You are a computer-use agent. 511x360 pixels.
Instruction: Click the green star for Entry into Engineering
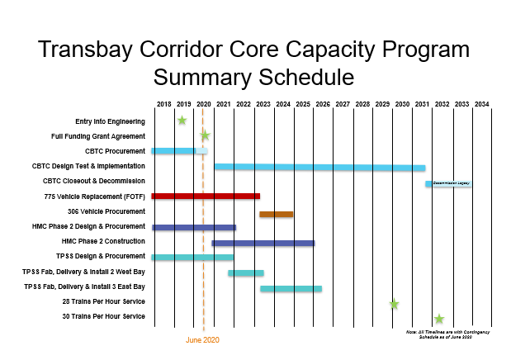(182, 121)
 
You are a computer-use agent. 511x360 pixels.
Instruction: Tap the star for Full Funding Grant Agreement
(204, 135)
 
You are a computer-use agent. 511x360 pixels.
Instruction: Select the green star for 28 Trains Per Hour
(394, 304)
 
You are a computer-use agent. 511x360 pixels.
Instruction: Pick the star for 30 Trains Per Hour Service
(439, 319)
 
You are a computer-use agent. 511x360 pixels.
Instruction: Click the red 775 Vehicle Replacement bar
(206, 197)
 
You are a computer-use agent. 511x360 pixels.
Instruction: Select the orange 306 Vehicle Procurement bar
(276, 214)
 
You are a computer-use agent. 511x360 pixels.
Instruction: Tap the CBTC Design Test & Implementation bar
(319, 168)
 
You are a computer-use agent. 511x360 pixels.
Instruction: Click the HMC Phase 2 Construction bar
(263, 243)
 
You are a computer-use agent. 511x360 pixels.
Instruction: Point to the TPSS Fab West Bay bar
(245, 272)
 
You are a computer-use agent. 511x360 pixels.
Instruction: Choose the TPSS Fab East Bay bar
(291, 288)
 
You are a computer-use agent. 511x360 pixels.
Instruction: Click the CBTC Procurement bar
(179, 151)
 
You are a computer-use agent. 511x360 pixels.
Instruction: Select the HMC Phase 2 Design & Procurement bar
(193, 227)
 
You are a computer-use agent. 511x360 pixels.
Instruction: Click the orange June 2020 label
(202, 339)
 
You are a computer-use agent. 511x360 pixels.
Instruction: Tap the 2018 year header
(163, 104)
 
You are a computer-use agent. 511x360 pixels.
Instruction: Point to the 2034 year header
(481, 104)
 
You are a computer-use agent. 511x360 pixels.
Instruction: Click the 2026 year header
(323, 104)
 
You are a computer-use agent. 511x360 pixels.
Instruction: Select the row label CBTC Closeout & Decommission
(94, 181)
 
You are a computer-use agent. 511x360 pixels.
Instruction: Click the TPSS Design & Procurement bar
(192, 258)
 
